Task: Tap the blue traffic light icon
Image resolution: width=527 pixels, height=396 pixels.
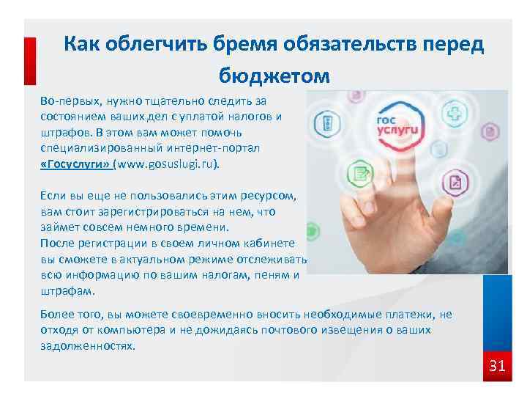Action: point(328,122)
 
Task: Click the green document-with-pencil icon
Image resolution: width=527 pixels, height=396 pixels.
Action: point(359,173)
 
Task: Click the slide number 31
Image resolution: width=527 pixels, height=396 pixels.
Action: point(497,364)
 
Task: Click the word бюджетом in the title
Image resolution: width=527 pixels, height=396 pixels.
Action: point(274,76)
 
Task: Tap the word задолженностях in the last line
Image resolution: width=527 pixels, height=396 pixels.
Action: point(88,345)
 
